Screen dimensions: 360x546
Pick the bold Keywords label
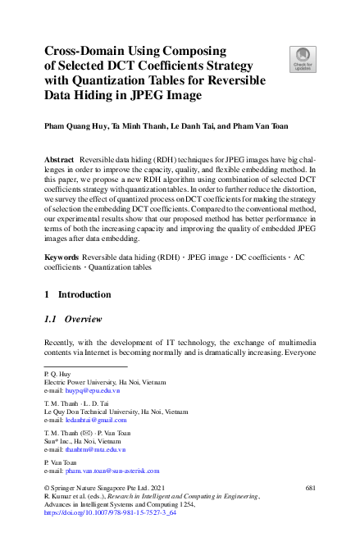pyautogui.click(x=61, y=257)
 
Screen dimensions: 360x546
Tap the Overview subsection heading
pyautogui.click(x=83, y=320)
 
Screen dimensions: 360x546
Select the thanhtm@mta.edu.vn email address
pyautogui.click(x=95, y=449)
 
